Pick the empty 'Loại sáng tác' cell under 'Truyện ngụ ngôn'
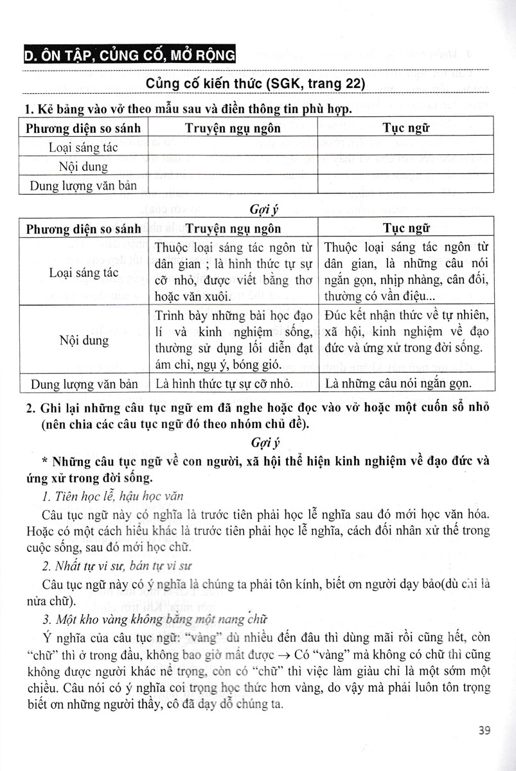point(233,147)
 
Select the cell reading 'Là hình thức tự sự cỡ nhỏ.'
point(222,384)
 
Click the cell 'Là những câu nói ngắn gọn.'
point(398,384)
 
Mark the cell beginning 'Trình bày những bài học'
point(233,340)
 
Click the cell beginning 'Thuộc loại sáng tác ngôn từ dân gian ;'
point(233,272)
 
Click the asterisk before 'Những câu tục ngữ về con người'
point(43,461)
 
